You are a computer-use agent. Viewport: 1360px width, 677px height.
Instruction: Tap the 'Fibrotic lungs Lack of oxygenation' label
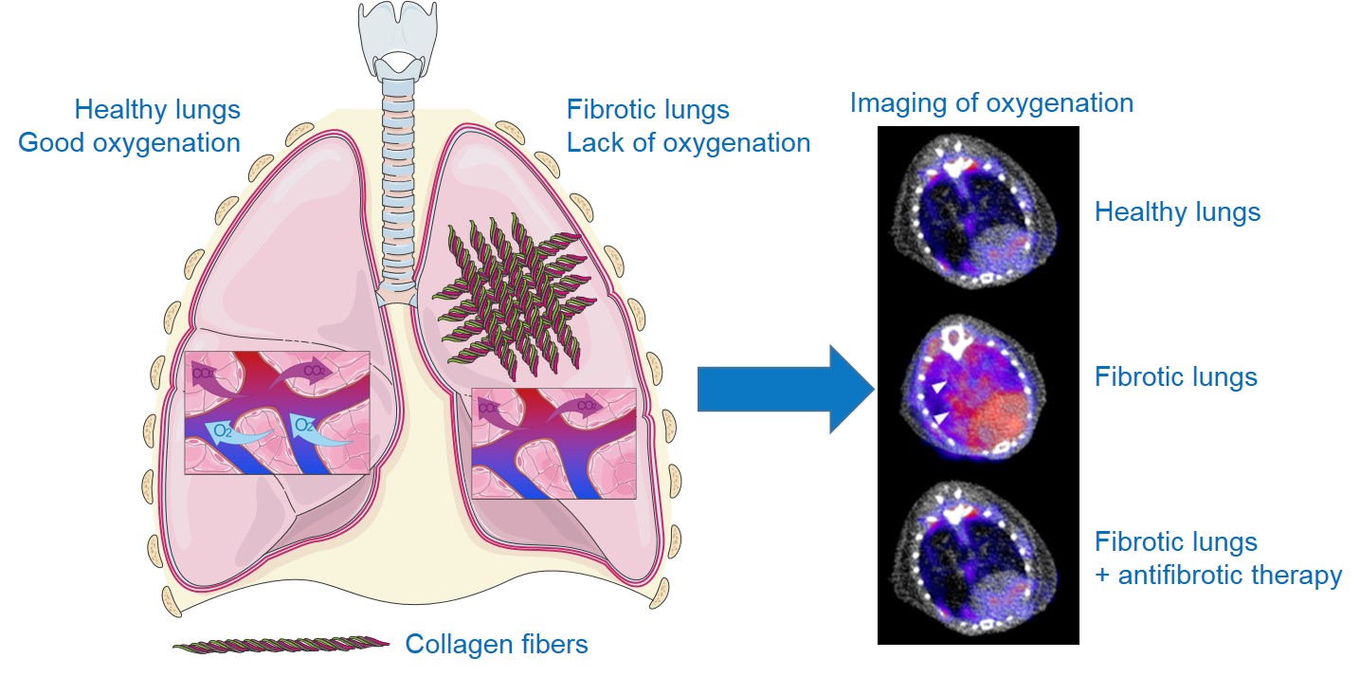[x=688, y=126]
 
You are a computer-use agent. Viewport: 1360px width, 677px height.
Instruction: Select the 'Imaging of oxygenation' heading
[x=991, y=102]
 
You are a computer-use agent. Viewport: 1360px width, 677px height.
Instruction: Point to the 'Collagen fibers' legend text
[x=497, y=645]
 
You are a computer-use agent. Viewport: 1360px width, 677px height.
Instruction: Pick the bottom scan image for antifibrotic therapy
[x=977, y=559]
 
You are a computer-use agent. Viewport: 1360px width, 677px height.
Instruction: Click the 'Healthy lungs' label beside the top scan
[x=1177, y=211]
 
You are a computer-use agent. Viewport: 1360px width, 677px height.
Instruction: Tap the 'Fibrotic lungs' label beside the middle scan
[x=1175, y=377]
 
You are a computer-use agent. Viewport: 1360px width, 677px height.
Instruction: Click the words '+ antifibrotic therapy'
[x=1218, y=576]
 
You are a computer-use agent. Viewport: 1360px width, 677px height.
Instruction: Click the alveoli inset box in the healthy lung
[x=277, y=412]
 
